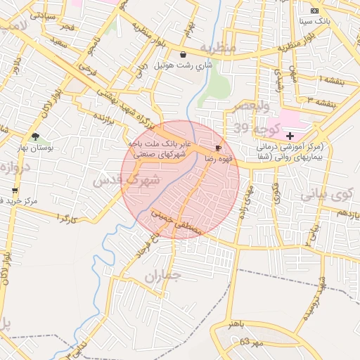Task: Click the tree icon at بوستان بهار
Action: click(x=35, y=136)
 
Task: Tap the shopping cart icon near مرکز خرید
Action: click(x=15, y=190)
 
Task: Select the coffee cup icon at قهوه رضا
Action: click(x=219, y=148)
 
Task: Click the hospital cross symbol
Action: click(x=290, y=134)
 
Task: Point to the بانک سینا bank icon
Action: click(x=314, y=11)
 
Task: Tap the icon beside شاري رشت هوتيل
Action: click(x=184, y=54)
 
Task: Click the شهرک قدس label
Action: click(x=127, y=180)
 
